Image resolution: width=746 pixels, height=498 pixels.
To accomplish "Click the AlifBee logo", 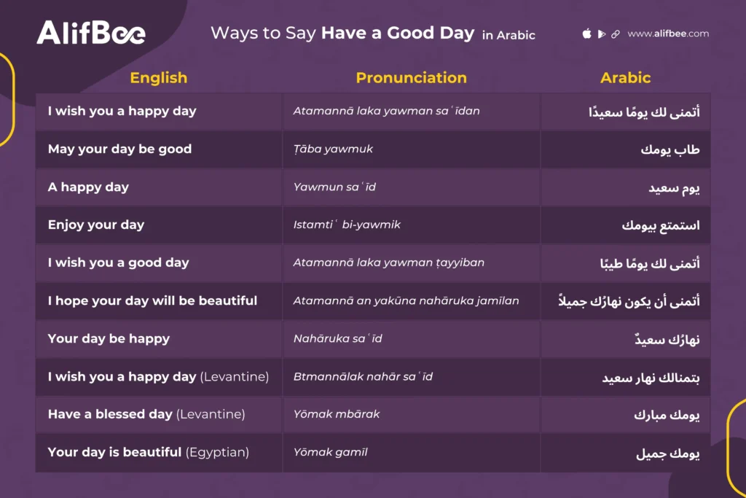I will [x=91, y=33].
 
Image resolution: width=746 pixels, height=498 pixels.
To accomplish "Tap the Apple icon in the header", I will [x=587, y=34].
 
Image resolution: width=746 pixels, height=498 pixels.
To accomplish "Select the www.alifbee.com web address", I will [x=667, y=34].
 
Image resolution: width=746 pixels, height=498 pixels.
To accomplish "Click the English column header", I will [x=158, y=78].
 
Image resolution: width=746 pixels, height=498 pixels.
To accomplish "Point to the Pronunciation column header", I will [x=411, y=78].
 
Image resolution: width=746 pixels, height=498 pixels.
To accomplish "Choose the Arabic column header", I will [x=625, y=78].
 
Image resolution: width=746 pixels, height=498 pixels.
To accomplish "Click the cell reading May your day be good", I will [x=119, y=149].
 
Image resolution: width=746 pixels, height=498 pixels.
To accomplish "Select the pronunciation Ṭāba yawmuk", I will [x=333, y=149].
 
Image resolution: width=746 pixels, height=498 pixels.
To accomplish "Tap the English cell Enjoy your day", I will [x=96, y=225].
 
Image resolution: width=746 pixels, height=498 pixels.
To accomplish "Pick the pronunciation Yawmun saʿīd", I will [x=334, y=187].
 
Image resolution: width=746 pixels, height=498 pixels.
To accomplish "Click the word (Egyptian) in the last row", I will [x=217, y=452].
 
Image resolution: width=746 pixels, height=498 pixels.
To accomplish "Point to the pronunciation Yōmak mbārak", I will [x=337, y=414].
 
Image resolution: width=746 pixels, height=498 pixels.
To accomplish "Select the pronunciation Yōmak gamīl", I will [x=330, y=452].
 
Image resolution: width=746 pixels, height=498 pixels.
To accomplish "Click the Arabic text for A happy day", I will [x=674, y=187].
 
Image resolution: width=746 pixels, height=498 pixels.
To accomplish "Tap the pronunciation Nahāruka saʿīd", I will [x=337, y=338].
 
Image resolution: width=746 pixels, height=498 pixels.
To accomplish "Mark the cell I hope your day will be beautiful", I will [x=152, y=300].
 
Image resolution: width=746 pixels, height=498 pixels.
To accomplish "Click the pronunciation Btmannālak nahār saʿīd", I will [x=363, y=376].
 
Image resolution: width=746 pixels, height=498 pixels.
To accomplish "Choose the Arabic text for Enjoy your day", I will [x=660, y=225].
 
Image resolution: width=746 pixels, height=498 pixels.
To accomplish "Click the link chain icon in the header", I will [x=616, y=34].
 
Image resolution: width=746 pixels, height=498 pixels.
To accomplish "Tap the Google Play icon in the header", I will [x=602, y=34].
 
